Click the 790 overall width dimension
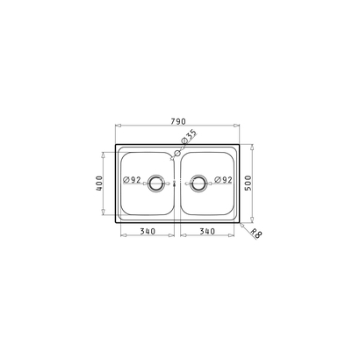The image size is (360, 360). click(x=177, y=121)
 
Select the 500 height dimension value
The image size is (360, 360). click(x=248, y=183)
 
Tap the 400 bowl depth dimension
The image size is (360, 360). click(x=99, y=184)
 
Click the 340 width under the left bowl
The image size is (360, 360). click(x=148, y=231)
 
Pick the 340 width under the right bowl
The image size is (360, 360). click(x=207, y=231)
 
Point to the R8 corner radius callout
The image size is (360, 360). click(x=256, y=234)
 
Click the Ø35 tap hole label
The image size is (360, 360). click(x=189, y=137)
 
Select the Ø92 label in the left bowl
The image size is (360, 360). click(x=132, y=180)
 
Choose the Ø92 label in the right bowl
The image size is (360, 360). click(x=223, y=180)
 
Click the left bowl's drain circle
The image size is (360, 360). click(x=155, y=177)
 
